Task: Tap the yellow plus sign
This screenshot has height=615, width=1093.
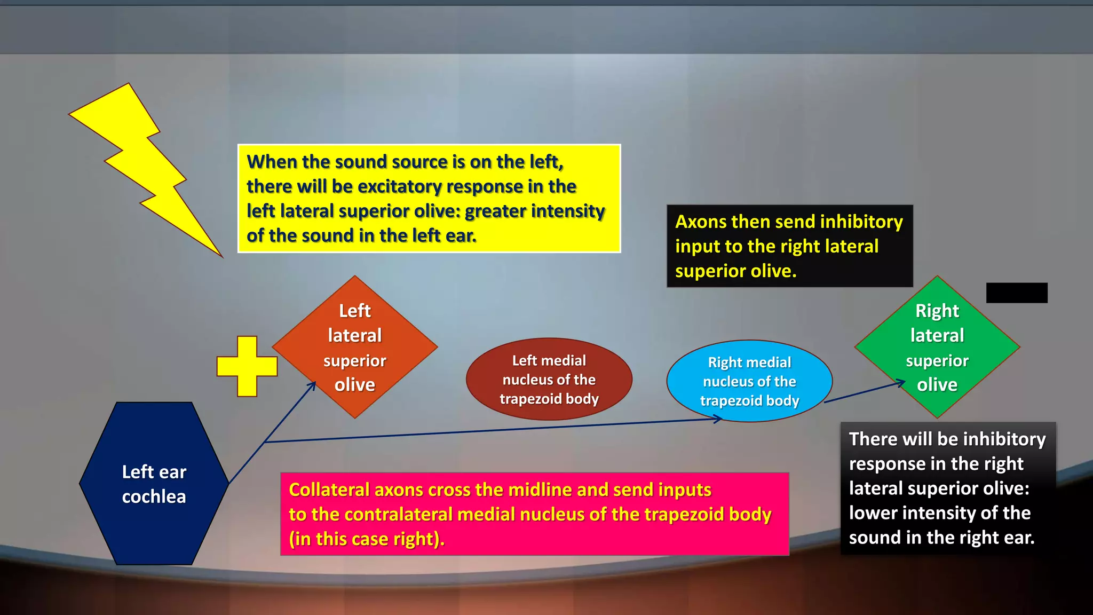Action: [247, 366]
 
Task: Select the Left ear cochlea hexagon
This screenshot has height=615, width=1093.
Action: [154, 484]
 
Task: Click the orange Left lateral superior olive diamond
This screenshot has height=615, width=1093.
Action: [355, 347]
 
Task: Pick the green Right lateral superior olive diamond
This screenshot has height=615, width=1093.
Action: [937, 347]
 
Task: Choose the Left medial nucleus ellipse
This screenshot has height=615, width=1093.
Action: [549, 379]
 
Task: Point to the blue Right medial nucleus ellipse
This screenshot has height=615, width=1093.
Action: [749, 381]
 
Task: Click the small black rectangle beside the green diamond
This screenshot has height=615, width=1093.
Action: [1017, 293]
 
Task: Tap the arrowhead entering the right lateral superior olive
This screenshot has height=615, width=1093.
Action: [901, 383]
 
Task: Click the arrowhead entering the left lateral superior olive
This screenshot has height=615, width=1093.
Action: [312, 386]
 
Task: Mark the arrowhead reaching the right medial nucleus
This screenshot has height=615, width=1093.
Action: [718, 420]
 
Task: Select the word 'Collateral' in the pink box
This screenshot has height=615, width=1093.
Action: [329, 490]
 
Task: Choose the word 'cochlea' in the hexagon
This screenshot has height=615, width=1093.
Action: [154, 496]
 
